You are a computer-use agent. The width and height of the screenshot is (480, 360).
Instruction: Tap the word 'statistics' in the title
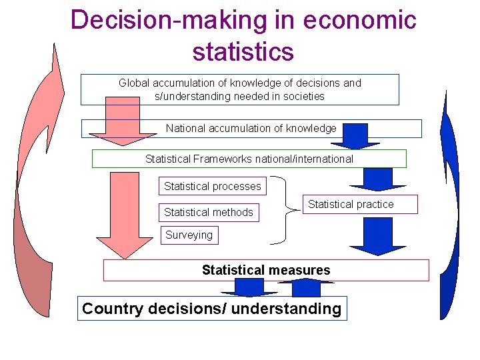243,51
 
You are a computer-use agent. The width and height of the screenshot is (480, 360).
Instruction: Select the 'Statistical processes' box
213,186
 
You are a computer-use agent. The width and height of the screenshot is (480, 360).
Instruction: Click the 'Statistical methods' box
209,212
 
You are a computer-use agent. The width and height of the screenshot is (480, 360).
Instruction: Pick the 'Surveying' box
189,235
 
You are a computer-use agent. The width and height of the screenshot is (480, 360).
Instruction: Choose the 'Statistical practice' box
351,204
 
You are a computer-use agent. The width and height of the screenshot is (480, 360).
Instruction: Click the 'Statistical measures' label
266,270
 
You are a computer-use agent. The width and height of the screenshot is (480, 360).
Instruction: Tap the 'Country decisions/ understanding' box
212,309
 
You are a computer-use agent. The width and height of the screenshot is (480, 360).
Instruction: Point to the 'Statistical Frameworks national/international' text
249,159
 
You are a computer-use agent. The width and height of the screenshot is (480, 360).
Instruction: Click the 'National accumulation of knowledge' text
251,128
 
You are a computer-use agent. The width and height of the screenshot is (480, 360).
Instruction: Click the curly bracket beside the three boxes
287,208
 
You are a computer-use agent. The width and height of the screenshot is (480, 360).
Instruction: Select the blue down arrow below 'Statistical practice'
378,237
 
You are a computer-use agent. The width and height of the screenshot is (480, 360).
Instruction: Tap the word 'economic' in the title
359,20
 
